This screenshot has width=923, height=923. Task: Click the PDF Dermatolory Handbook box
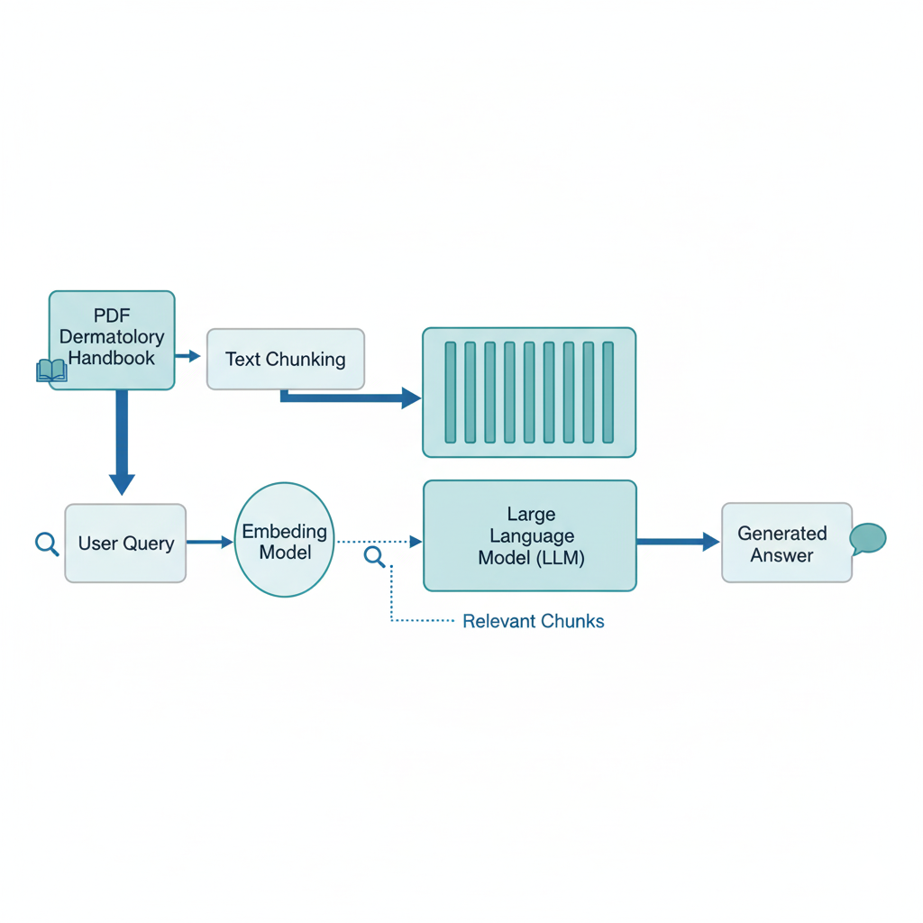click(112, 340)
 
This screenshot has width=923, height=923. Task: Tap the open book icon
click(51, 370)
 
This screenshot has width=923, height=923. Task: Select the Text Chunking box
click(286, 359)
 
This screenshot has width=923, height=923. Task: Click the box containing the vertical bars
click(529, 392)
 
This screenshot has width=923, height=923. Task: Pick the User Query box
click(125, 543)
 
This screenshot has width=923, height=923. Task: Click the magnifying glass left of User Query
click(47, 544)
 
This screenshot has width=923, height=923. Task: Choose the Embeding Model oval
click(285, 540)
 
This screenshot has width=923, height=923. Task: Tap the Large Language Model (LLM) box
click(530, 535)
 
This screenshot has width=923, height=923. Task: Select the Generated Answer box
click(786, 543)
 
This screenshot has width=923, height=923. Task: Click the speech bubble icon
click(867, 539)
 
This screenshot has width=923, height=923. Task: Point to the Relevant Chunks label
click(533, 621)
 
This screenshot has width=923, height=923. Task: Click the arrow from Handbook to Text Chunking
click(188, 356)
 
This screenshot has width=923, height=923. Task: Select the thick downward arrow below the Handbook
click(122, 442)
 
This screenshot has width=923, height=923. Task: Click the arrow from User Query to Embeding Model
click(209, 542)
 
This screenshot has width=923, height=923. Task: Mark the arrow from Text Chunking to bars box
click(352, 397)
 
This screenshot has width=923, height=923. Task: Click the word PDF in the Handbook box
click(112, 316)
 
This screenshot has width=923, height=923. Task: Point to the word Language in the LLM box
click(532, 536)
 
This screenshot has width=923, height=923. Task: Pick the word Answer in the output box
click(782, 555)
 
